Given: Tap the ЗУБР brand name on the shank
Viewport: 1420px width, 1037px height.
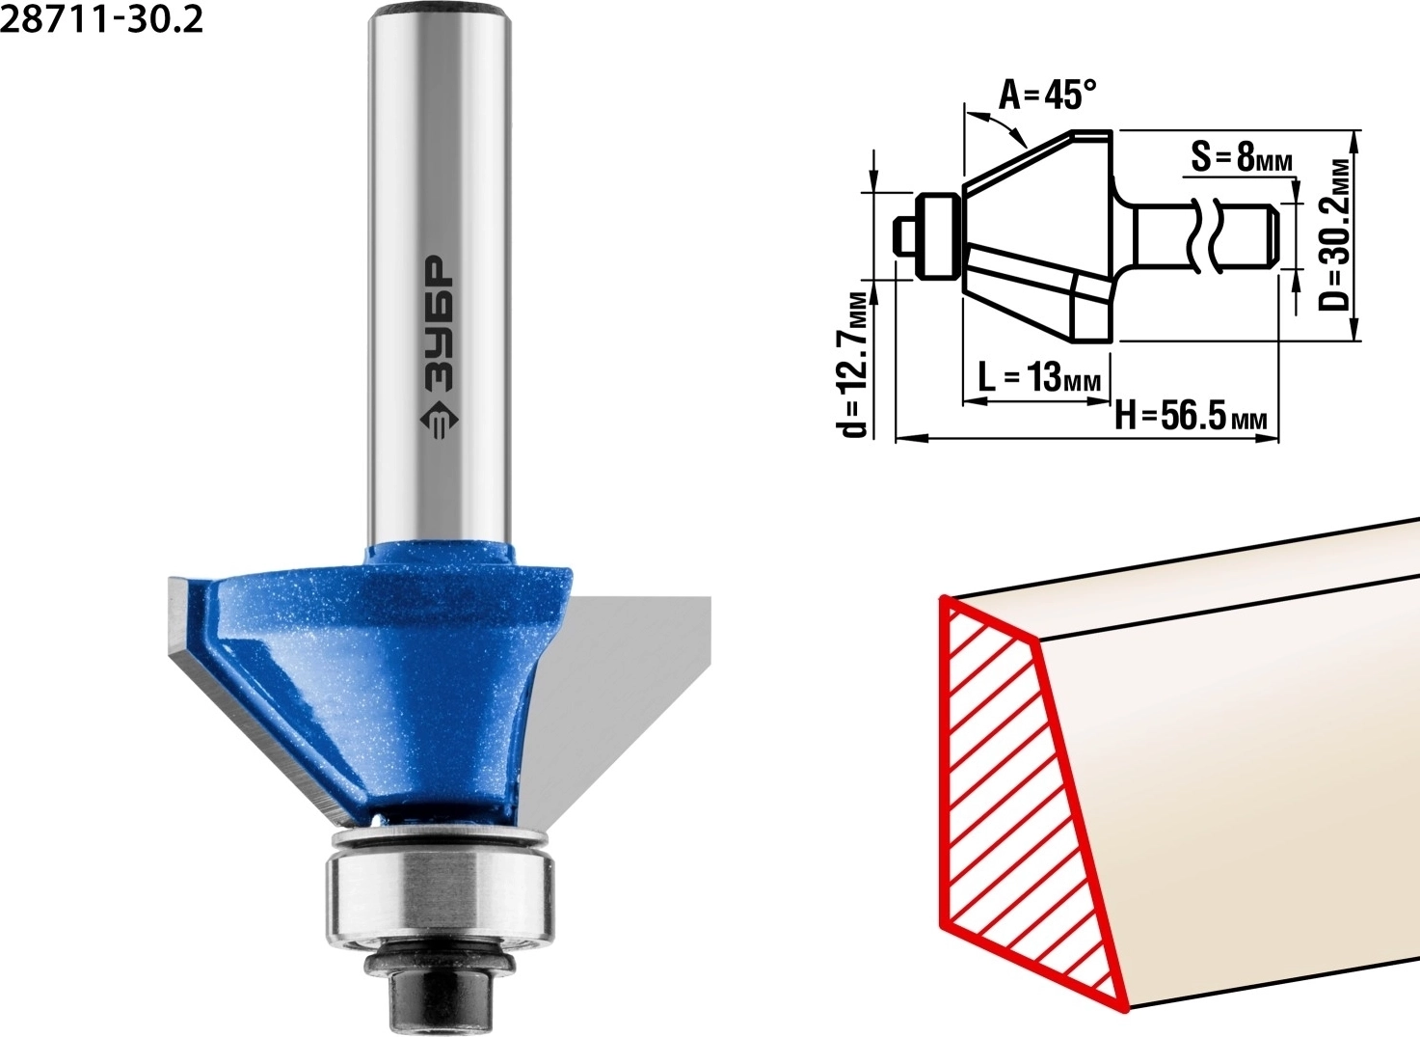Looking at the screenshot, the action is [x=439, y=323].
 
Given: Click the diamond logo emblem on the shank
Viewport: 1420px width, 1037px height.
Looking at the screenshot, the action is [x=439, y=420].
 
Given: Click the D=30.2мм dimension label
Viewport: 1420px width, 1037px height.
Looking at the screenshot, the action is [x=1334, y=234].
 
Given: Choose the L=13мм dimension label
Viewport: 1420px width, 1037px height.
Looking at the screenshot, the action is [x=1039, y=377].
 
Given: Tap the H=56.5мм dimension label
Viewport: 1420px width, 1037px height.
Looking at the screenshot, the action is [x=1191, y=418].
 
